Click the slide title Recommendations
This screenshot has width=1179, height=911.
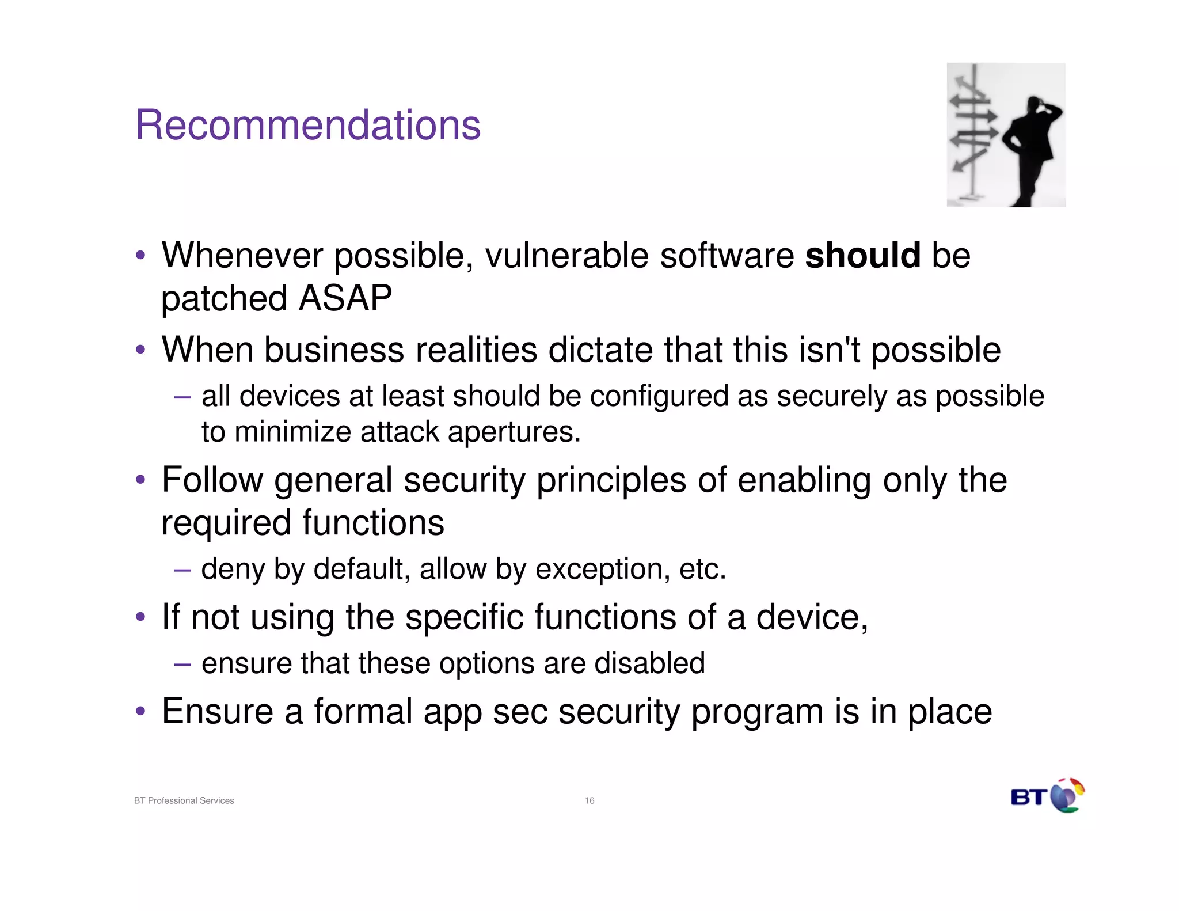coord(307,125)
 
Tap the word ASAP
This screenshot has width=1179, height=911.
coord(345,298)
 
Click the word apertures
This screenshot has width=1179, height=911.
coord(514,432)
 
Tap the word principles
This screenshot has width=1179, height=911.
coord(611,480)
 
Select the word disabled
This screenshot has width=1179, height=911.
coord(649,663)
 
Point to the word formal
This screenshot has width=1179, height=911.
coord(363,711)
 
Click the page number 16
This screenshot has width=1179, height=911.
coord(589,800)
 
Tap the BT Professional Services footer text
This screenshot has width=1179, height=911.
coord(184,800)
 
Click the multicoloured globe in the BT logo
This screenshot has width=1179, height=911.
coord(1067,796)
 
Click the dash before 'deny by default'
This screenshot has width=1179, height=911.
coord(182,570)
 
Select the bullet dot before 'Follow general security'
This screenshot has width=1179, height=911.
coord(140,480)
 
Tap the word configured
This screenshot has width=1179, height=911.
coord(659,396)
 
